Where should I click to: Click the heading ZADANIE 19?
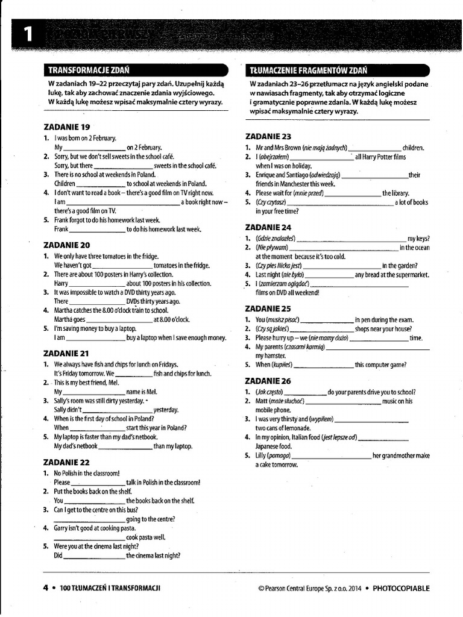(x=66, y=127)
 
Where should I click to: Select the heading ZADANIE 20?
(x=67, y=245)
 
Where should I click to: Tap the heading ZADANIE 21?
(x=66, y=354)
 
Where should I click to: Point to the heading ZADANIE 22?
(x=67, y=462)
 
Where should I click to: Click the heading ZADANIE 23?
(x=268, y=137)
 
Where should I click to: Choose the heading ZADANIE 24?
(x=268, y=227)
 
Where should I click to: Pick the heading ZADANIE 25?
(x=268, y=308)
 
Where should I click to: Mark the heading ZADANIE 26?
(x=268, y=381)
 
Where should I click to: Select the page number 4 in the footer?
(x=45, y=588)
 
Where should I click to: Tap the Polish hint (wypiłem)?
(x=319, y=419)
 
